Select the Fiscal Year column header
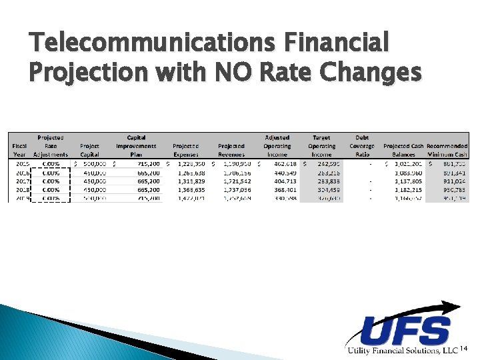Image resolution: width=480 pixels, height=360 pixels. (x=19, y=150)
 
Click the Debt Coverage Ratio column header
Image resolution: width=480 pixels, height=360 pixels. (x=361, y=146)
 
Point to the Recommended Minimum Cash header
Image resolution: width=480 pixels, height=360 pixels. (x=447, y=150)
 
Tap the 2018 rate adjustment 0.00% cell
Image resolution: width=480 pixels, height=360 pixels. (x=51, y=189)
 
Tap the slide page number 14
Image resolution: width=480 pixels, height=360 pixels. (x=465, y=349)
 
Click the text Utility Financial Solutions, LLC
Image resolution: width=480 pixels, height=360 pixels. (x=401, y=351)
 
